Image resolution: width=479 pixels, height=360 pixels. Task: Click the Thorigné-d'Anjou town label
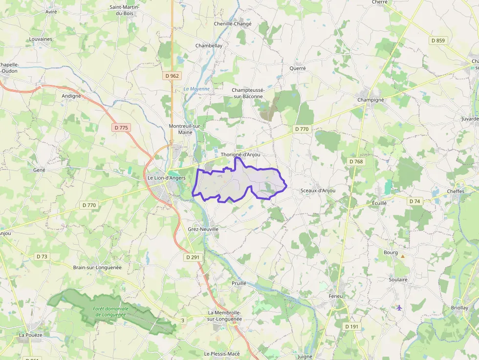click(x=240, y=154)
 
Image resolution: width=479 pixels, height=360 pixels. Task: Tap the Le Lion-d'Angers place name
click(x=167, y=178)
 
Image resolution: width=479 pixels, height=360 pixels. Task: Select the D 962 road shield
click(x=172, y=76)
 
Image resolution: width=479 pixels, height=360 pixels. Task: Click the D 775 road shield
click(x=120, y=127)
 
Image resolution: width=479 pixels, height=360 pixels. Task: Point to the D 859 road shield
click(x=438, y=41)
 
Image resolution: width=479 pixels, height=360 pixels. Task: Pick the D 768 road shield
click(x=356, y=161)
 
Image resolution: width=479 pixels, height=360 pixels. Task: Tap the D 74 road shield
click(x=414, y=201)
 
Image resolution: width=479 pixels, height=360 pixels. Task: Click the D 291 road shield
click(x=193, y=257)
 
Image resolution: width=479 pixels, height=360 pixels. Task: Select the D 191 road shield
click(x=351, y=326)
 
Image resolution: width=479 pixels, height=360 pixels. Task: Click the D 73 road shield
click(x=42, y=256)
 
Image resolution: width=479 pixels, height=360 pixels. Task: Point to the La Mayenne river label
click(x=196, y=89)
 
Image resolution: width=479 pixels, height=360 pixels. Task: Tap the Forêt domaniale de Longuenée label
click(x=111, y=311)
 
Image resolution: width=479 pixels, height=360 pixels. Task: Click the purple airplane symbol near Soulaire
click(x=399, y=307)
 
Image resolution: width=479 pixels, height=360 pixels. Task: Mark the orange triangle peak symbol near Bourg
click(x=403, y=256)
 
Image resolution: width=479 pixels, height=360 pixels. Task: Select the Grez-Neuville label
click(x=203, y=229)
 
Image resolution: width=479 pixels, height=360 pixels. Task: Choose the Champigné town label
click(x=370, y=100)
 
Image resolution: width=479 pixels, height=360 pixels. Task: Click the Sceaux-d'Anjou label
click(x=318, y=190)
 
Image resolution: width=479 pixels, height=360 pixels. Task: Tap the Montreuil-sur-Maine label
click(x=185, y=129)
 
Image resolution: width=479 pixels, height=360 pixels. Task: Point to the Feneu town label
click(x=336, y=296)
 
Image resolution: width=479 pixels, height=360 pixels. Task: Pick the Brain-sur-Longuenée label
click(x=97, y=268)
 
